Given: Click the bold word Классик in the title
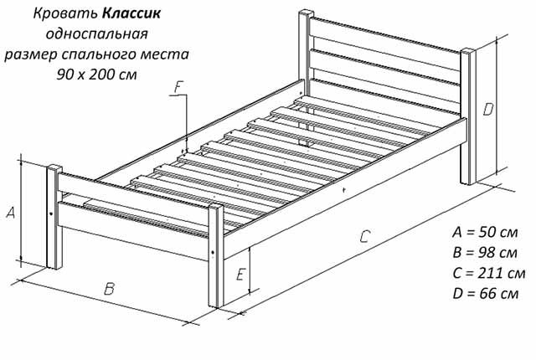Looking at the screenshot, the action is point(131,13).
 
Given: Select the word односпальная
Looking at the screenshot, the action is point(97,33).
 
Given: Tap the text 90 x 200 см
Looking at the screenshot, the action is point(97,75).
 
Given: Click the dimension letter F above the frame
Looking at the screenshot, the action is point(178,87).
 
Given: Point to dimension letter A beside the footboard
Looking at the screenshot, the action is point(11,213).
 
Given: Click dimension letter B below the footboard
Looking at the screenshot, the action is point(109,289).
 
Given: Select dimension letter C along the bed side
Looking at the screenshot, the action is point(365,236).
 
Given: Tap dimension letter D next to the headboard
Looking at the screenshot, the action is point(487,110).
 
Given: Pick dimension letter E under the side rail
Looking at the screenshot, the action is point(240,275).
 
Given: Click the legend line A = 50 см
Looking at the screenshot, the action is point(485,232).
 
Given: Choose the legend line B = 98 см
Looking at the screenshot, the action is point(485,253).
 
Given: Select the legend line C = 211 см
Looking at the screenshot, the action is point(489,273).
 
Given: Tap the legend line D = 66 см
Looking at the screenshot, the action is point(486,294).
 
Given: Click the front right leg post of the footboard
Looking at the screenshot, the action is point(216,256).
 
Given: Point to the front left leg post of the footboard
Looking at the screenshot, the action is point(54,218).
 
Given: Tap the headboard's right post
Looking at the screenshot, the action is point(468,117).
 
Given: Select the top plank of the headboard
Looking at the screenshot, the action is point(385,35).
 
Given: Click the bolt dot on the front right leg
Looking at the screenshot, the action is point(214,253).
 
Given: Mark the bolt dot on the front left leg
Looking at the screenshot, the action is point(51,214).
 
